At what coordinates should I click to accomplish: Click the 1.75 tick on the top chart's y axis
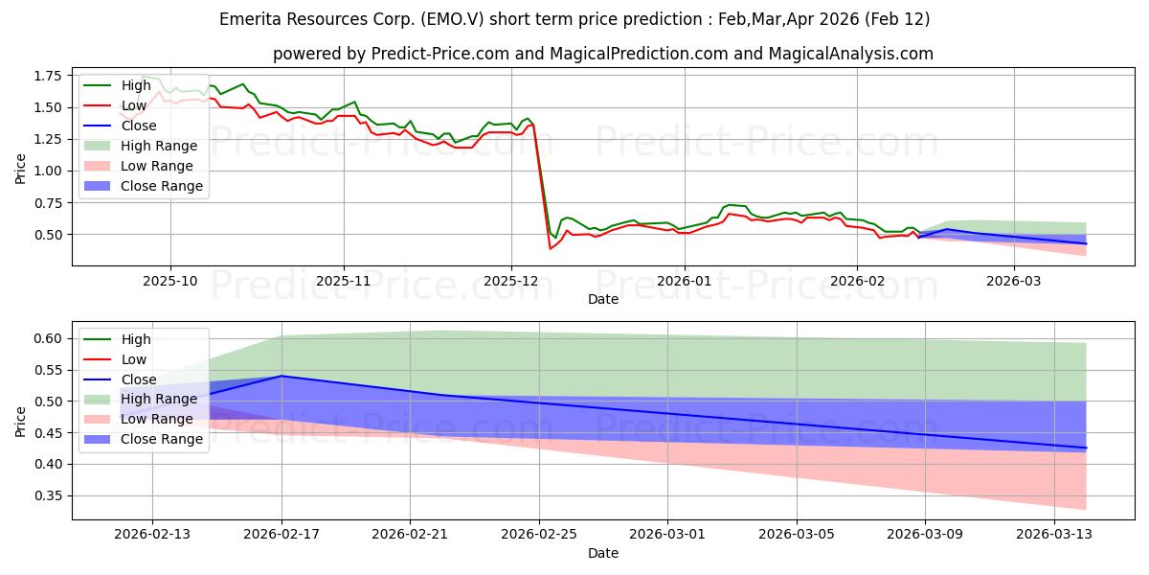(47, 76)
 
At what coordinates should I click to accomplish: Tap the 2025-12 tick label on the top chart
(511, 281)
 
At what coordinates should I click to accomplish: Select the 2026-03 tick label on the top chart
(1013, 281)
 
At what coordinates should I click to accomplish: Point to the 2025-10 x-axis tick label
(170, 281)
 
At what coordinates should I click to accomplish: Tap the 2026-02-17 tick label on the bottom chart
(282, 534)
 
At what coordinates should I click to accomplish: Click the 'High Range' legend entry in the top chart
(159, 146)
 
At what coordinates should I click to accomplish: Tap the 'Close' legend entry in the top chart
(140, 126)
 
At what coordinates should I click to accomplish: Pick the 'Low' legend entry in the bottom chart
(135, 359)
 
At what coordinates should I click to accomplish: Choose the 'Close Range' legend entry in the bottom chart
(162, 439)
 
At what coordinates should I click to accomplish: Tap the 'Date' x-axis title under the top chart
(603, 299)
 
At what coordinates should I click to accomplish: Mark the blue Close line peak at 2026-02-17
(282, 376)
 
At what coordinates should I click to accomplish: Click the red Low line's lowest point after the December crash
(550, 248)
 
